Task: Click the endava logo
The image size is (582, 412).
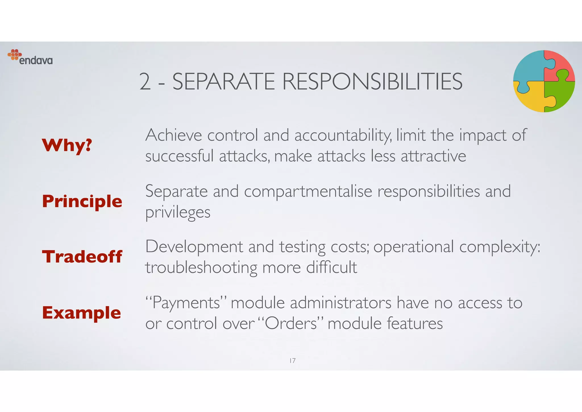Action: (x=30, y=57)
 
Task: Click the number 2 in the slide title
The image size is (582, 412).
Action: (x=145, y=82)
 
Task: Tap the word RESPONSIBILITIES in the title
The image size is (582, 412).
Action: (x=372, y=82)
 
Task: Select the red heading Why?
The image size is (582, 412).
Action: (x=67, y=145)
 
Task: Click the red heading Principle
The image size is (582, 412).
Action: (x=82, y=201)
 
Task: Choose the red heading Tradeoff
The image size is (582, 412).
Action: (x=82, y=256)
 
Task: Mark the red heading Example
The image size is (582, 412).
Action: (x=82, y=312)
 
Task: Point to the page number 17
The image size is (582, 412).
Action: (x=292, y=361)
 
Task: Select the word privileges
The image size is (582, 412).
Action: (x=178, y=212)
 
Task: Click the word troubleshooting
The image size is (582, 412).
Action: (x=201, y=268)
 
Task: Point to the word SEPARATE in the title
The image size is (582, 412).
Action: (x=224, y=82)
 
